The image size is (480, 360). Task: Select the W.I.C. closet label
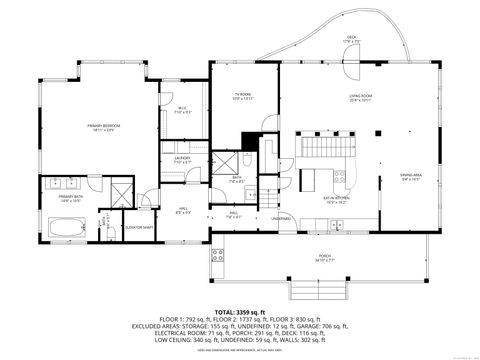click(x=182, y=110)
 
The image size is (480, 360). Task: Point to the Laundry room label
click(x=182, y=159)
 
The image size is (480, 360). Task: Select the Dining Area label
click(x=411, y=176)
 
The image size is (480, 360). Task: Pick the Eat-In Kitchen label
click(x=337, y=199)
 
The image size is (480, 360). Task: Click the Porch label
click(x=324, y=257)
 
